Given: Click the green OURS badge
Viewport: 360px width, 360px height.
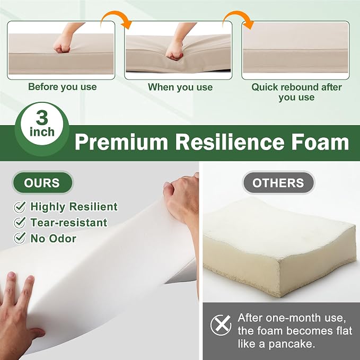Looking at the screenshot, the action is [42, 183].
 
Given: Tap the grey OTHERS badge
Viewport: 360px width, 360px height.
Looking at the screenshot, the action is [278, 183].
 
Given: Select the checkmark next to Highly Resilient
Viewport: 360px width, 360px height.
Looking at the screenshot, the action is [20, 207].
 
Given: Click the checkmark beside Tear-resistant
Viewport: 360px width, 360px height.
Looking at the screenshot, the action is [20, 223].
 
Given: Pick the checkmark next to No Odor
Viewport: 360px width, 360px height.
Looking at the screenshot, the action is [20, 238].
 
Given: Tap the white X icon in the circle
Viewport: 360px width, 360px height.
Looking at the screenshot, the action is [221, 325].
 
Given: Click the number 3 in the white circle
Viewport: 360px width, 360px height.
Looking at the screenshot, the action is [42, 118].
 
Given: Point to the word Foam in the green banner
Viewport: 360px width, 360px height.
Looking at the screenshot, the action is [320, 142].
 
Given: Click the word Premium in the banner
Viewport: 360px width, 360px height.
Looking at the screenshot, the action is [121, 142].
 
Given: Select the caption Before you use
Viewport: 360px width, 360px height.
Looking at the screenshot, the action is [63, 87].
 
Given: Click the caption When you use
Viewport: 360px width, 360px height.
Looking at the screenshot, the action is [180, 87].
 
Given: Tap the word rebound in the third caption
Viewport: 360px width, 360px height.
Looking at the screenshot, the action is [300, 87].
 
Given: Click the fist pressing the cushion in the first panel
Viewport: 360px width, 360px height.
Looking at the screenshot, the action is [62, 45].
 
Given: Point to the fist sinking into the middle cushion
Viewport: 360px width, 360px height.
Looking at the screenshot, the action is [174, 51].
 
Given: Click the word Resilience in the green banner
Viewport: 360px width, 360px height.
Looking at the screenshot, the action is [230, 142].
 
